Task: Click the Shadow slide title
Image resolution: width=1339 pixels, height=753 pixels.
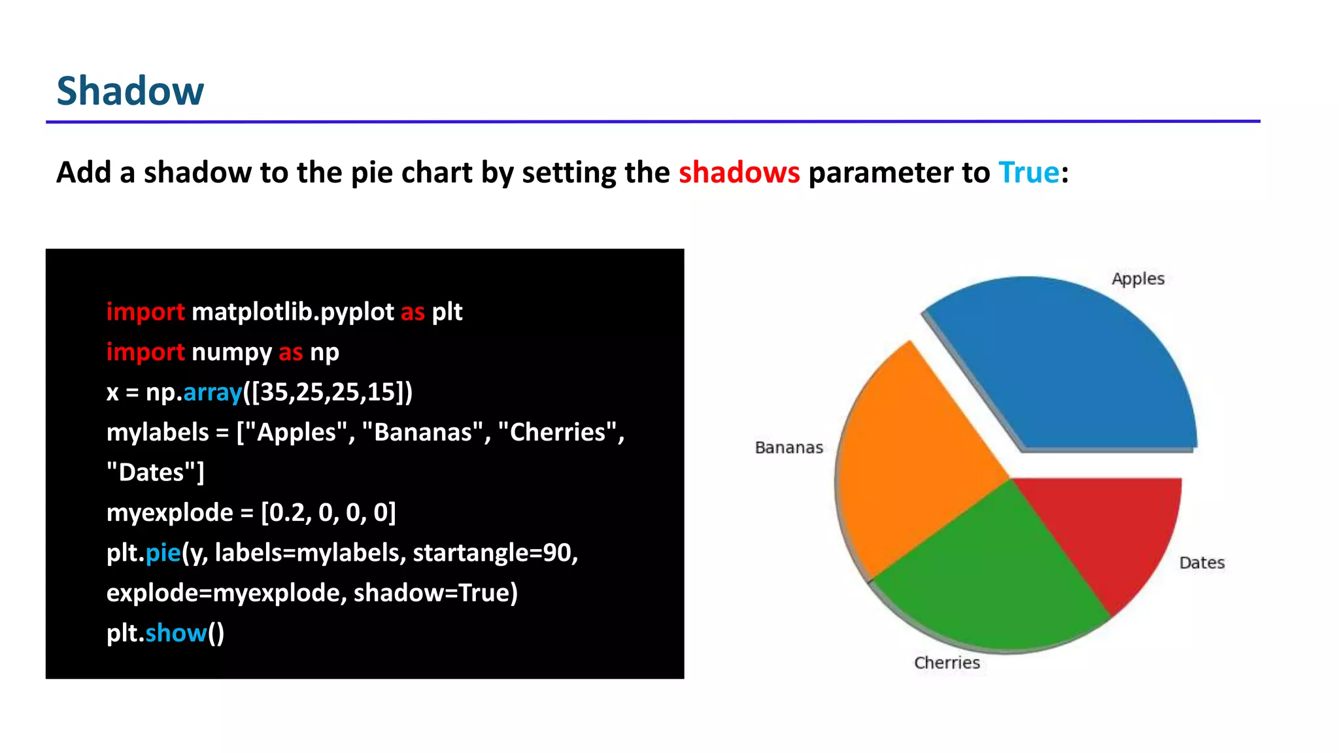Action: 130,91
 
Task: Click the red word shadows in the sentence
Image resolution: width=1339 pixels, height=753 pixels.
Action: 739,173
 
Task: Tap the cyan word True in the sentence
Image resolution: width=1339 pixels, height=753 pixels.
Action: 1028,173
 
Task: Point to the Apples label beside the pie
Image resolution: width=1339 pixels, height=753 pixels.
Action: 1138,279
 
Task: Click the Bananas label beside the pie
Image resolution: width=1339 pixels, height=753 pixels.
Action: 788,448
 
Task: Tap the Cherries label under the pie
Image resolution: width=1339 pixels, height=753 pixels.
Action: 947,663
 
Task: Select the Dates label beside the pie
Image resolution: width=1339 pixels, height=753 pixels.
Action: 1201,563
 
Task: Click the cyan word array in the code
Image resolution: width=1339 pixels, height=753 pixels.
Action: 212,392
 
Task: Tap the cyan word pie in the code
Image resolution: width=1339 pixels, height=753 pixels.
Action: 163,553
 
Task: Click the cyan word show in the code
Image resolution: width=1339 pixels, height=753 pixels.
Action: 176,633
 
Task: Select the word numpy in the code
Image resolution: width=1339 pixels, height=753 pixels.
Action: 231,353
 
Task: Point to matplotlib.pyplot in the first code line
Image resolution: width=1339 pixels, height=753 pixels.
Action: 293,312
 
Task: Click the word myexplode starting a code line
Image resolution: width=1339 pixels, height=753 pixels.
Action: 169,512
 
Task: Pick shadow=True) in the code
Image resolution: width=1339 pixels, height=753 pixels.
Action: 435,593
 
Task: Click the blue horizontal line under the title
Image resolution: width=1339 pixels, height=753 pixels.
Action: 653,122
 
